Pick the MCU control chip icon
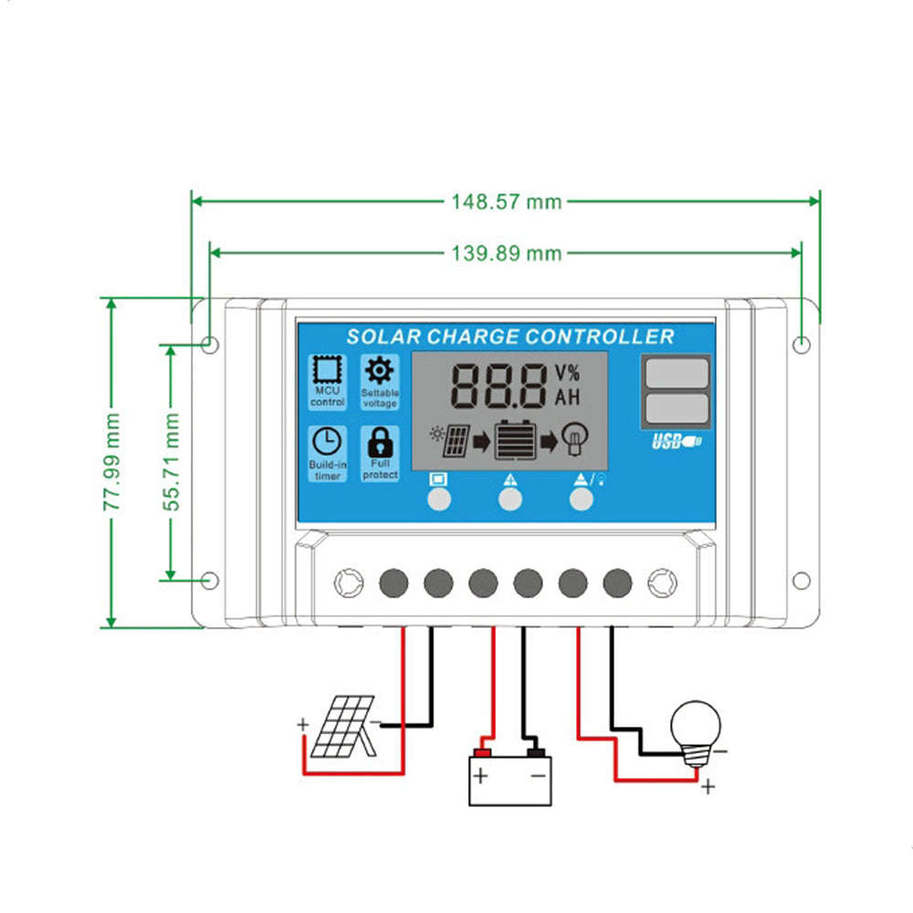(326, 370)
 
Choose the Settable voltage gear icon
(379, 370)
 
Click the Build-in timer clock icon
(326, 442)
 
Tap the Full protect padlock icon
(379, 444)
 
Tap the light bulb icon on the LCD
(575, 438)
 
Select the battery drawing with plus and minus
(510, 777)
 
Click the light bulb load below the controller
(696, 729)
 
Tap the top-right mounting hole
(801, 344)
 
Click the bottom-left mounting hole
(209, 580)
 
